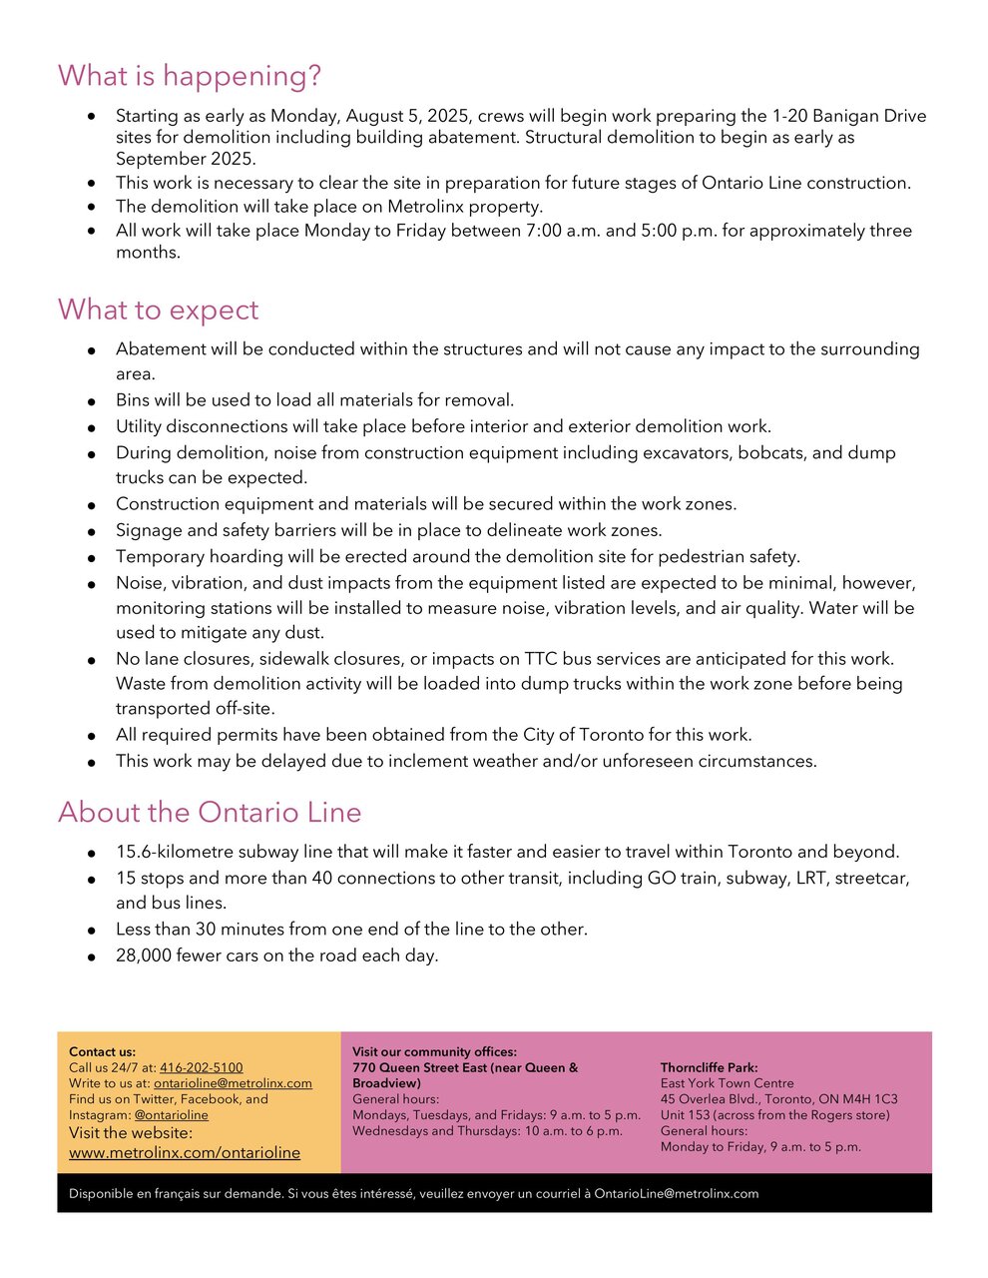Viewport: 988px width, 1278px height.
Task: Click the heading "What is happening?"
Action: (189, 76)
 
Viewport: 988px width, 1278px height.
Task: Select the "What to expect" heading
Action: (158, 310)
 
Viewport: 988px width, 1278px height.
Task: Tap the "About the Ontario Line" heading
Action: (210, 812)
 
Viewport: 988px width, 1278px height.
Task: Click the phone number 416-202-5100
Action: (201, 1067)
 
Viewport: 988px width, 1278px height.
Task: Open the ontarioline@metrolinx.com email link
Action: (233, 1083)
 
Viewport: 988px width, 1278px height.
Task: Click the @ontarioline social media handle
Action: (172, 1114)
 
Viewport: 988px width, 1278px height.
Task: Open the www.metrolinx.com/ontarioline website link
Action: (185, 1152)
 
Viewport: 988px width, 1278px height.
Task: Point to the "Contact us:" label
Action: (102, 1051)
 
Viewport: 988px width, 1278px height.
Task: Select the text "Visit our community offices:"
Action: (434, 1051)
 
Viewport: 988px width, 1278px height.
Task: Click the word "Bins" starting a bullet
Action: (133, 400)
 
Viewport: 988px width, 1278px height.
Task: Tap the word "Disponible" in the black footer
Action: (102, 1193)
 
